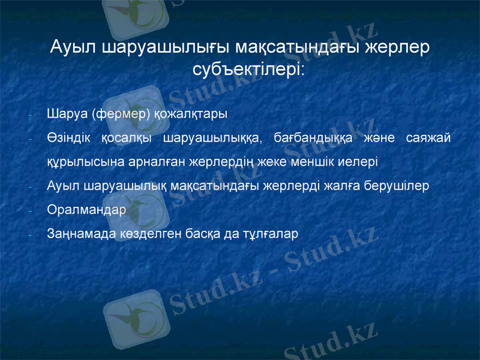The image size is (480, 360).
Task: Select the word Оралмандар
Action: pos(86,210)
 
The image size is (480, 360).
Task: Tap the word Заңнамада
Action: pos(77,234)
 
